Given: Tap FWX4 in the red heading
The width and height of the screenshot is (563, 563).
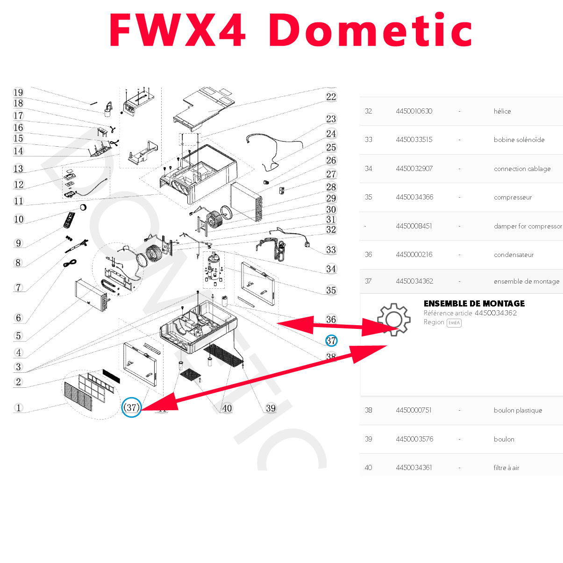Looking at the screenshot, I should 178,31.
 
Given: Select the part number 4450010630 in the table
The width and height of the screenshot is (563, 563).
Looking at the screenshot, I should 414,111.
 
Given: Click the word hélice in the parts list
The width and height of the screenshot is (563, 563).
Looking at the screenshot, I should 502,111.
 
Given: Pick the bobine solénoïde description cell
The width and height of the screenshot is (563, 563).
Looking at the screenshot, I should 519,140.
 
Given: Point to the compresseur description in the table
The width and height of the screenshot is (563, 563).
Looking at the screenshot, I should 513,197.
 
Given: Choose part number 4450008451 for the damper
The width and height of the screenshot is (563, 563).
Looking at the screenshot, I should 414,226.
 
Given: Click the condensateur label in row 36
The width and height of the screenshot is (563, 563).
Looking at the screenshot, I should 513,255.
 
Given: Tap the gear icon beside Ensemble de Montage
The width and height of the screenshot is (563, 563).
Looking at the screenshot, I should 394,320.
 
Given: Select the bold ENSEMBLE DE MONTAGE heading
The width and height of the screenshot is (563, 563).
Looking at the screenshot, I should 474,304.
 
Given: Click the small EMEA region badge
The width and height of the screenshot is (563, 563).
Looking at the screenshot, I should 454,323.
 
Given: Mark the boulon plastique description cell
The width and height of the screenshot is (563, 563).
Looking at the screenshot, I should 518,410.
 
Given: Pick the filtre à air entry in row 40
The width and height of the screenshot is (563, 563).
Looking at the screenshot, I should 506,468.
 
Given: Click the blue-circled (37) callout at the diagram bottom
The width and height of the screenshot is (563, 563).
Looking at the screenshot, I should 131,408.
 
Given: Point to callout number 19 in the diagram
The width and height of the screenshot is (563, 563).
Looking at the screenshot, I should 18,93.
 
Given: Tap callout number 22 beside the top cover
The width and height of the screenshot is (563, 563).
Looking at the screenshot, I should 331,97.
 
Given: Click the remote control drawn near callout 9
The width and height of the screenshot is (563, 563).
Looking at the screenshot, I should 69,220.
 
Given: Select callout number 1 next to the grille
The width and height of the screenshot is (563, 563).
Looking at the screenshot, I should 19,408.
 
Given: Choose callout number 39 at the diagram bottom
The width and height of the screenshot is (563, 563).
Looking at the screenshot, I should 271,408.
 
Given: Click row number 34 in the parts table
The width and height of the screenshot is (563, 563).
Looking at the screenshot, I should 369,169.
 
